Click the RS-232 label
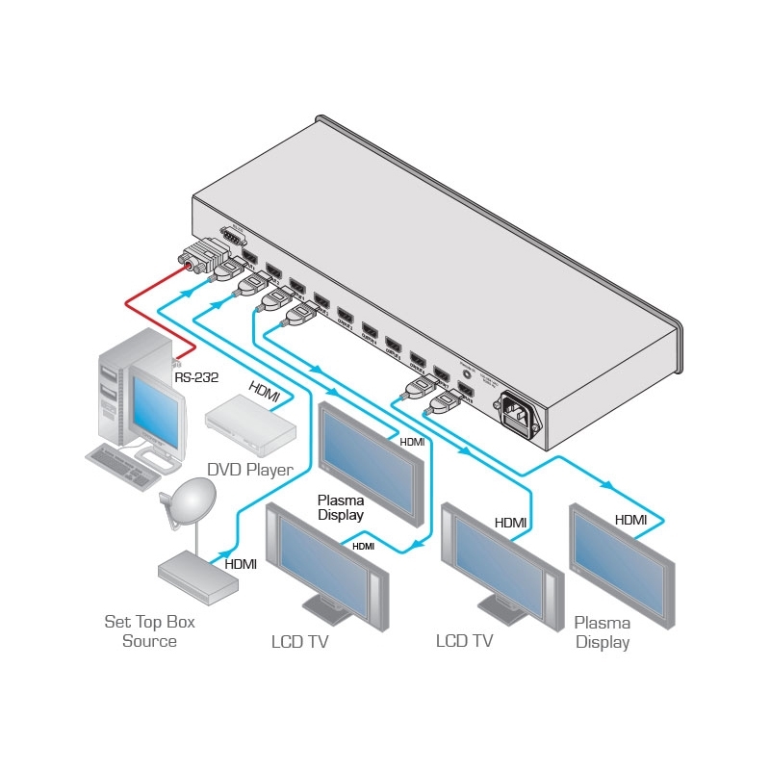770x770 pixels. coord(196,377)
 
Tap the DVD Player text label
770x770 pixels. coord(249,469)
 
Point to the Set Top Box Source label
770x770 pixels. coord(149,631)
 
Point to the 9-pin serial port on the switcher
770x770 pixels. coord(230,239)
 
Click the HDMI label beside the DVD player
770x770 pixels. coord(266,390)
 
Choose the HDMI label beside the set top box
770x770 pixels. coord(240,564)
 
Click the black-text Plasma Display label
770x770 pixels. coord(341,507)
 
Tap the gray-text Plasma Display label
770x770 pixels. coord(603,632)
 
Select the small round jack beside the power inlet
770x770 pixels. coord(468,367)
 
